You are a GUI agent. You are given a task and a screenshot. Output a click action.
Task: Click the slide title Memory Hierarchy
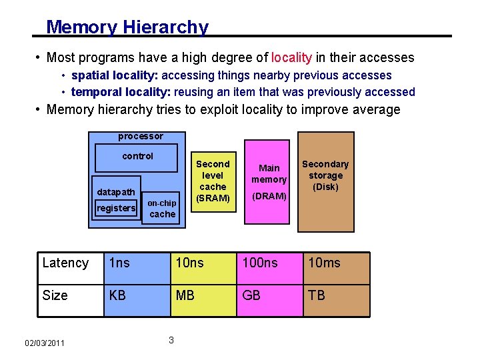tap(127, 27)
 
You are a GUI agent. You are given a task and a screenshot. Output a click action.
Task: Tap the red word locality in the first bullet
tap(291, 58)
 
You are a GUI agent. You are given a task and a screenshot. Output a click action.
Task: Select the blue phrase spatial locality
tap(114, 76)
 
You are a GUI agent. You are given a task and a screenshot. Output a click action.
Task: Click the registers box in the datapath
tap(116, 209)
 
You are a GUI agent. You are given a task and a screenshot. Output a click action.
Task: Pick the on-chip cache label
tap(162, 208)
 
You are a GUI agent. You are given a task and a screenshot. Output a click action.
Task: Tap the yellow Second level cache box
tap(213, 181)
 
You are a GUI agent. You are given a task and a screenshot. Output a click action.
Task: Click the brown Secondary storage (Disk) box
tap(325, 185)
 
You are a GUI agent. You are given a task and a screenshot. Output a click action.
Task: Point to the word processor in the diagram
tap(140, 137)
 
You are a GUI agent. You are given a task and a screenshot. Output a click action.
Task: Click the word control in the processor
tap(137, 156)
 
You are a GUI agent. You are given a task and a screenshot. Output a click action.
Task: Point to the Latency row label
tap(65, 263)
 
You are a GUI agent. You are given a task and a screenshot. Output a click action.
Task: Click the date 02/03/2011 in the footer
tap(45, 343)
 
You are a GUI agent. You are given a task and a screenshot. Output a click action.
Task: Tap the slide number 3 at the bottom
tap(171, 341)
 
